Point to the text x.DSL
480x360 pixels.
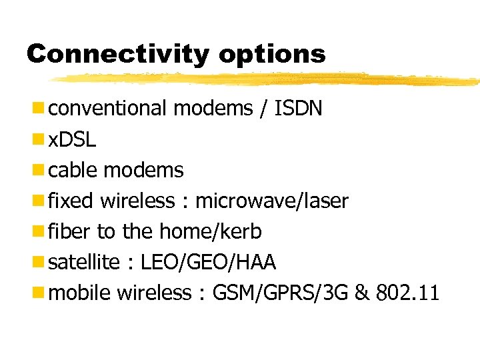[x=73, y=139]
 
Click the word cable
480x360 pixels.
[x=74, y=170]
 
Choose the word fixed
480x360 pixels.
[x=73, y=201]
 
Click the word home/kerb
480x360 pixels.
[x=211, y=231]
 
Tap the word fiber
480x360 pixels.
[x=71, y=231]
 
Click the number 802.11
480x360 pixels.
[x=407, y=293]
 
